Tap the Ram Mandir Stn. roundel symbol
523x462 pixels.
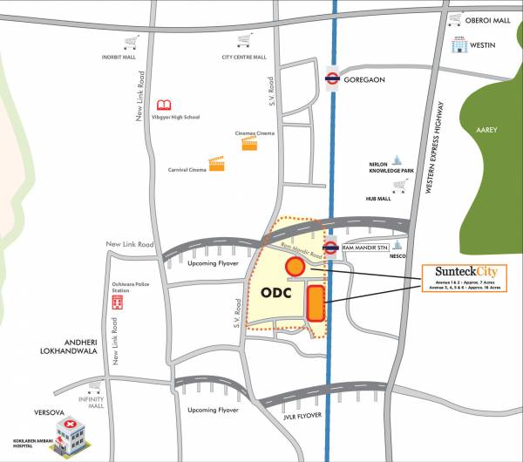click(331, 248)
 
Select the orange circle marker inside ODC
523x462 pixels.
click(295, 267)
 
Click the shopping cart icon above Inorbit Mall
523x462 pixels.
click(132, 41)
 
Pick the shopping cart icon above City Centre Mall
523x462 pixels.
click(245, 41)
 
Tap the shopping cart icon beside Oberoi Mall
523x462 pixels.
click(454, 19)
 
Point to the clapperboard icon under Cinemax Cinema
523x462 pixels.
click(250, 144)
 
